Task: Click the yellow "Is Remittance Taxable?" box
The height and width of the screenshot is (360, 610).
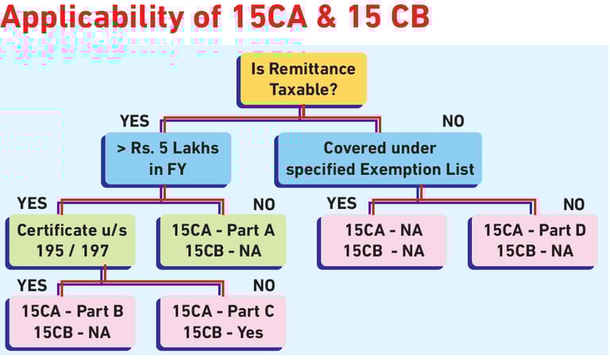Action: click(303, 78)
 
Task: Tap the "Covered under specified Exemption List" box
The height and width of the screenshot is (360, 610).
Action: click(380, 157)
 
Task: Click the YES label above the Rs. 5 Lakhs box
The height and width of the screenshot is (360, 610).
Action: click(135, 121)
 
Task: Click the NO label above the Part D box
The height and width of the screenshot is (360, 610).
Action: click(573, 204)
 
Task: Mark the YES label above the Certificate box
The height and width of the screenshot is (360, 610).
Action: click(32, 204)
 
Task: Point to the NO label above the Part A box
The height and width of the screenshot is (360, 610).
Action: click(264, 204)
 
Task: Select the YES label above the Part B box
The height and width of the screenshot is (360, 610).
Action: click(32, 285)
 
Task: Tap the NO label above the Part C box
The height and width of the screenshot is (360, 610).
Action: click(264, 285)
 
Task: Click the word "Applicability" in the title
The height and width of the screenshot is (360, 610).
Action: click(88, 17)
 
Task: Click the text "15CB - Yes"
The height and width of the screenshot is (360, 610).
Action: click(223, 331)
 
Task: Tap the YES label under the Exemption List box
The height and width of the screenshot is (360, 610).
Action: click(342, 204)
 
